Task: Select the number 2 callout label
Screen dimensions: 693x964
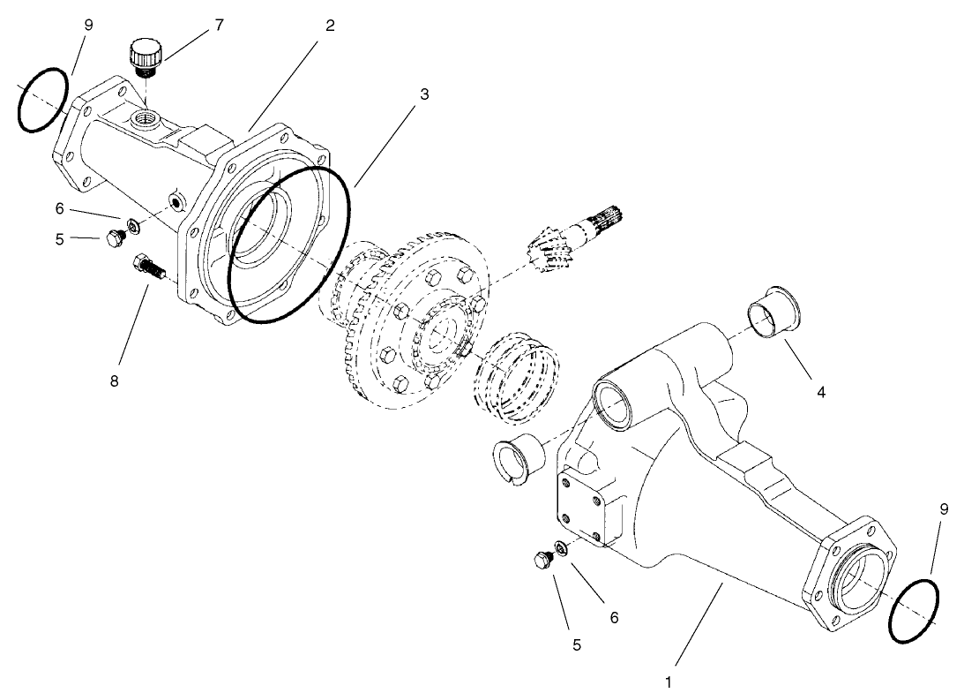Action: click(329, 26)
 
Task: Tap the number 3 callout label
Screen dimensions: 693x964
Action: click(424, 94)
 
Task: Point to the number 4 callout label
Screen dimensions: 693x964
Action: click(820, 391)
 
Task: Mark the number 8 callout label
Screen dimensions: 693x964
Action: click(113, 381)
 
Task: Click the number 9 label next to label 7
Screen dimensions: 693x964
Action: click(87, 26)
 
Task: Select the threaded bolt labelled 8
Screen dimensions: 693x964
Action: click(149, 266)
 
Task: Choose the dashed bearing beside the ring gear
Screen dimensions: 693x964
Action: click(518, 374)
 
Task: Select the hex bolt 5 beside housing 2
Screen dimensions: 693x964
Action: click(113, 238)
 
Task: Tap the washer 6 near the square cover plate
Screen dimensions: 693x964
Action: click(561, 549)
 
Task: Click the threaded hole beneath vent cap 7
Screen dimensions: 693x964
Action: click(144, 117)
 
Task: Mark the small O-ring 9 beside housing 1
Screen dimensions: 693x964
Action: click(914, 612)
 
